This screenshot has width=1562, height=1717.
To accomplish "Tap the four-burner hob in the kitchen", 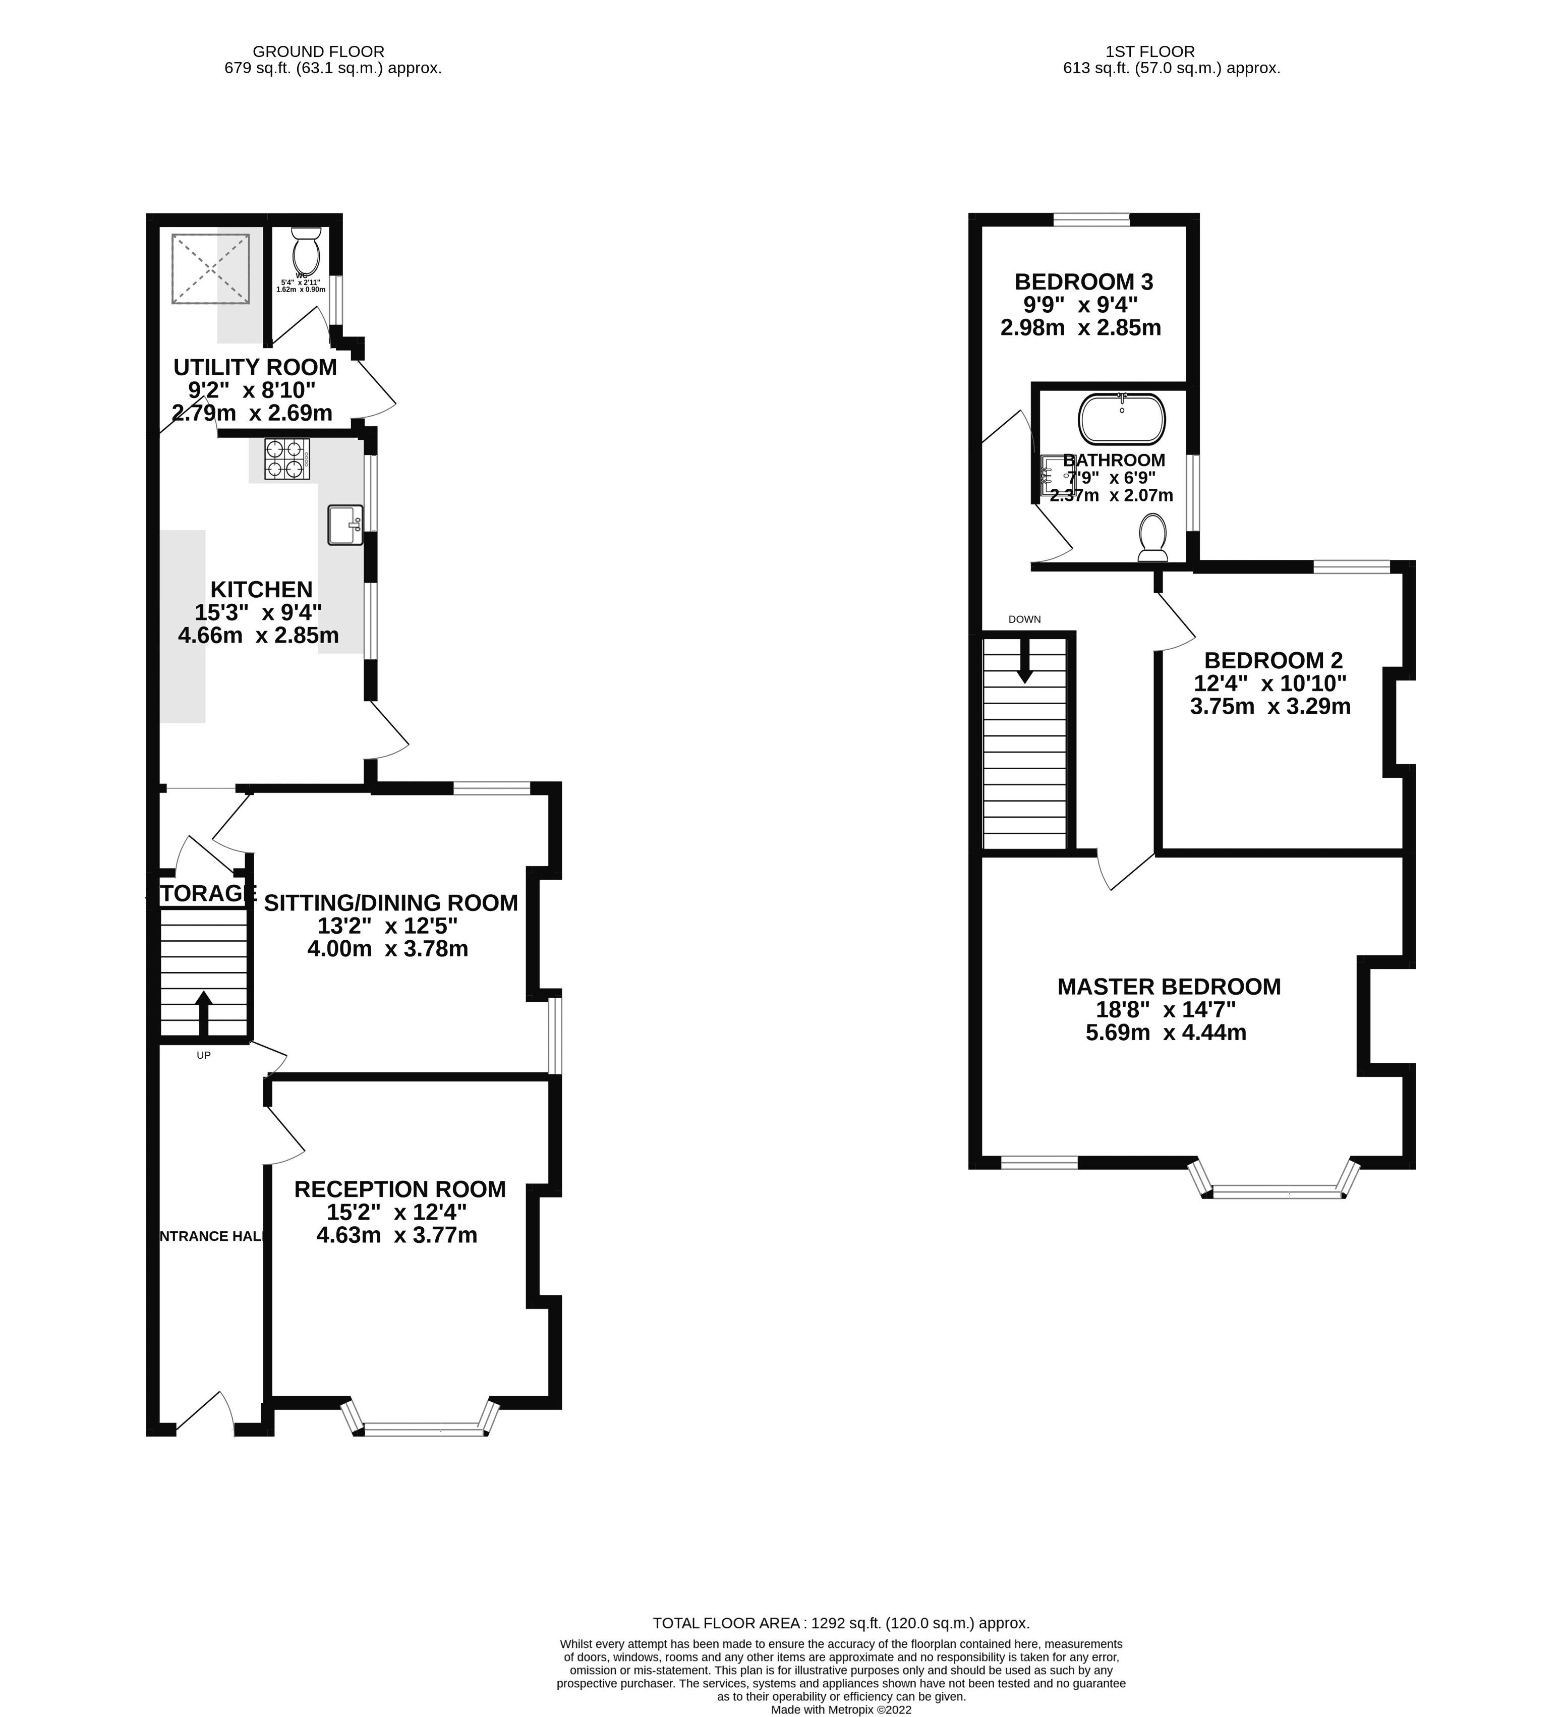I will [286, 459].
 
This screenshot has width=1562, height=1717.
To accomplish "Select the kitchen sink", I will [345, 525].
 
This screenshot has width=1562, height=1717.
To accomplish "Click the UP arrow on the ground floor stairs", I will [204, 1013].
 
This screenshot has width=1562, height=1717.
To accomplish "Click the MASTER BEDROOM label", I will [1169, 986].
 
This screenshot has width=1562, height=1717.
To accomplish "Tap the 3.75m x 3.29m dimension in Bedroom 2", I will [1270, 706].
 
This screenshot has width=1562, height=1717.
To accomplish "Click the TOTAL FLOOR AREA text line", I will [841, 1623].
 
